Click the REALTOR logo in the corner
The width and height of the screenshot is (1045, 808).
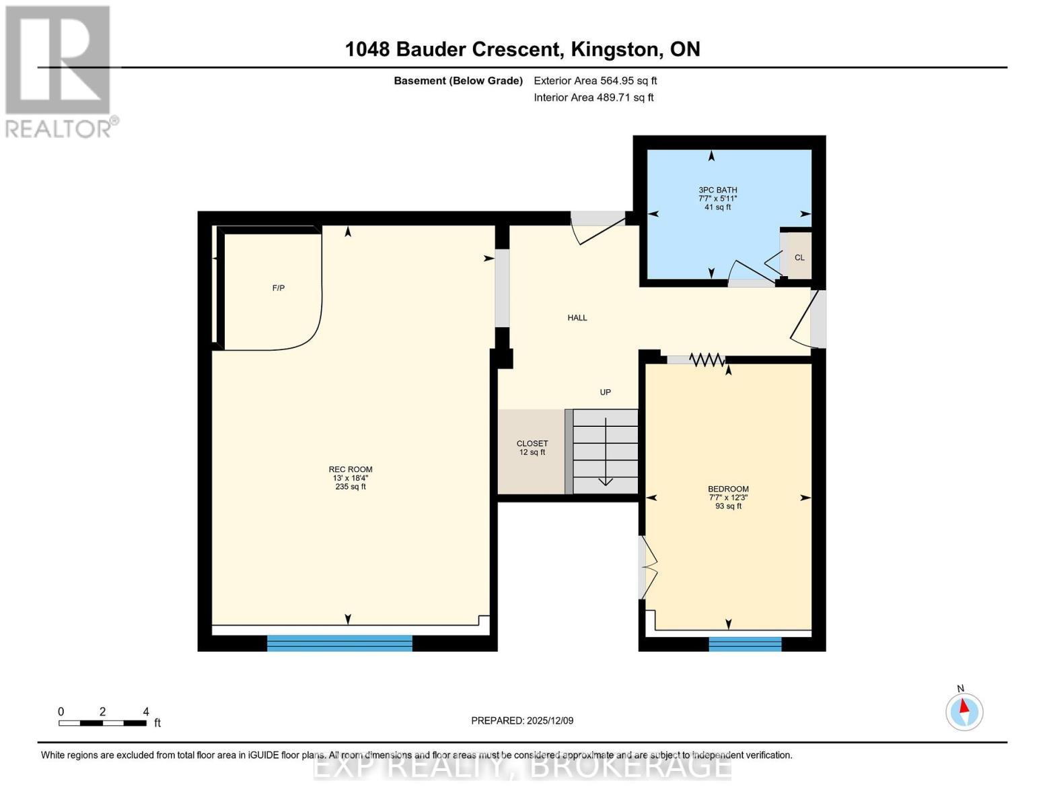tap(59, 71)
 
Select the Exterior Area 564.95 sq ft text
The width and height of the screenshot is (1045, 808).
tap(595, 81)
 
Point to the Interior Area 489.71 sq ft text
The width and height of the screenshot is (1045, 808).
tap(593, 98)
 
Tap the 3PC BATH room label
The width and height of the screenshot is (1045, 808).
tap(717, 190)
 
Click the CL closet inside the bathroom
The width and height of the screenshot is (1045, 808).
tap(799, 257)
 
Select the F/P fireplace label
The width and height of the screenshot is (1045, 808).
tap(278, 288)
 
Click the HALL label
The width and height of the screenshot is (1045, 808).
tap(577, 318)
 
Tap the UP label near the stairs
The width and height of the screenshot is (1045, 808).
tap(605, 392)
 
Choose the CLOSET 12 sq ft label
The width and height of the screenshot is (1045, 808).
tap(532, 448)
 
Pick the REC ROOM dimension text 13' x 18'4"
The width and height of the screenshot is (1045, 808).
tap(350, 478)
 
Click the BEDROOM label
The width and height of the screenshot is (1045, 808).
tap(727, 489)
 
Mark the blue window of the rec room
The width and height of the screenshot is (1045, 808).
tap(340, 643)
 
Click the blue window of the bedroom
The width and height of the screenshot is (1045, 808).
tap(745, 644)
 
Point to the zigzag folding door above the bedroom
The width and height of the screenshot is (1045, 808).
tap(707, 360)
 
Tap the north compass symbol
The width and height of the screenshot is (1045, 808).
tap(964, 711)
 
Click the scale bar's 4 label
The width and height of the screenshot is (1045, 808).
tap(146, 712)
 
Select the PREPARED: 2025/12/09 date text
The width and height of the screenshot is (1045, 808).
tap(522, 720)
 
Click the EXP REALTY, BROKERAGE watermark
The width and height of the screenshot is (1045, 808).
tap(522, 767)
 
